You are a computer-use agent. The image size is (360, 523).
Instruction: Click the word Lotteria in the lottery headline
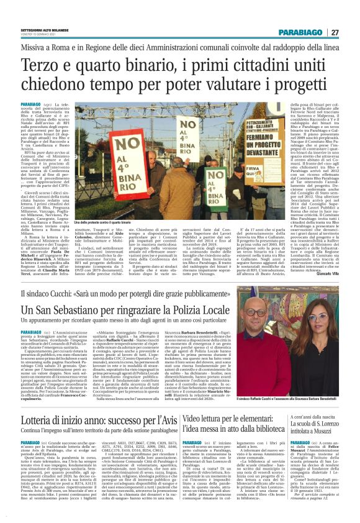coord(38,401)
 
